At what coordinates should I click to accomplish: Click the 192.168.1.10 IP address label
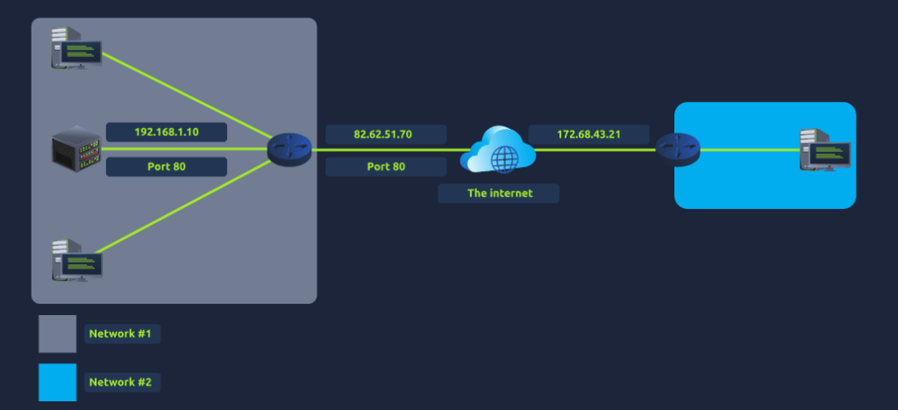(x=167, y=133)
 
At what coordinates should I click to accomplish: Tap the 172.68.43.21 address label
(x=588, y=134)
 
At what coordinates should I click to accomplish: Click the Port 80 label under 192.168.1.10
(x=167, y=166)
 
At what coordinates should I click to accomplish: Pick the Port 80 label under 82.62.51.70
(x=386, y=166)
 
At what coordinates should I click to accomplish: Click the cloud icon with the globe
(x=497, y=151)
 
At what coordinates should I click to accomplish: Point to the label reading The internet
(x=498, y=192)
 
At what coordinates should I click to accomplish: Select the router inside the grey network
(x=289, y=149)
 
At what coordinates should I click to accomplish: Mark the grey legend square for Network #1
(x=57, y=334)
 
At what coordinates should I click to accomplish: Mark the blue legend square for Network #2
(x=57, y=382)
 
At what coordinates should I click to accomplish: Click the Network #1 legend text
(x=124, y=334)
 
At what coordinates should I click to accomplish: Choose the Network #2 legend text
(x=124, y=382)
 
